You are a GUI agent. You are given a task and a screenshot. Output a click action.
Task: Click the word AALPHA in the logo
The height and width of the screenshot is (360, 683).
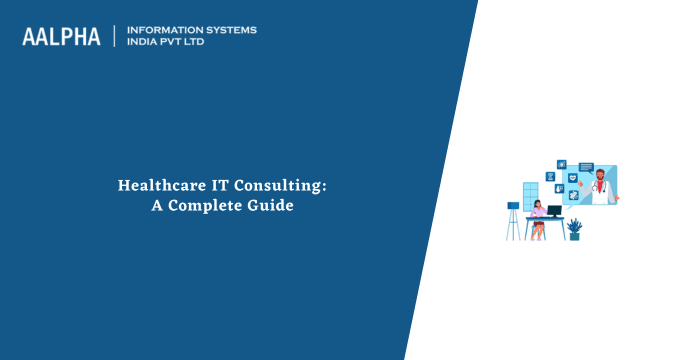(61, 37)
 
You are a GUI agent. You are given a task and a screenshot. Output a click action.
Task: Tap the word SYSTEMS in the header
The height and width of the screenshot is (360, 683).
(228, 30)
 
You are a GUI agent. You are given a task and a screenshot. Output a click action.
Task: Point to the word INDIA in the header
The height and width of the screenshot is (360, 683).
(144, 43)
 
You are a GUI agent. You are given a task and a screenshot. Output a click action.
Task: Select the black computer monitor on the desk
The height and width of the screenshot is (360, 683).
(555, 211)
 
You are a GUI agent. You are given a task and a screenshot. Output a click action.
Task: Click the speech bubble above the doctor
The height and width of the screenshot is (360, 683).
(586, 166)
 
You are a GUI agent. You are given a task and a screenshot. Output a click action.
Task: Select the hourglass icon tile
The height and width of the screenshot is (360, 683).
(550, 177)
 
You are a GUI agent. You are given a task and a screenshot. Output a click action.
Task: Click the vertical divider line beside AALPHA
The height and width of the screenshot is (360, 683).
(116, 37)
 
